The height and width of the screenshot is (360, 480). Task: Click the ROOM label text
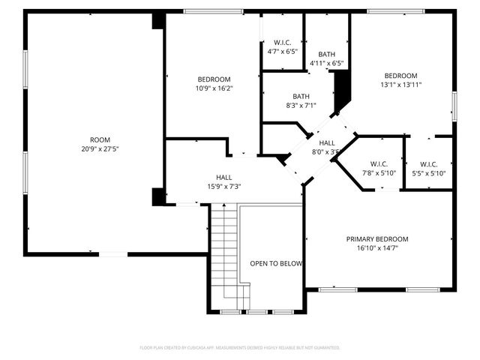pos(100,139)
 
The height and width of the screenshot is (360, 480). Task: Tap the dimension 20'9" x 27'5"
pos(100,148)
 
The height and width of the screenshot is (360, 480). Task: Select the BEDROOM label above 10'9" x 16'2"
pos(214,79)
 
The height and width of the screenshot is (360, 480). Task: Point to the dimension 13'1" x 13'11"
pos(401,85)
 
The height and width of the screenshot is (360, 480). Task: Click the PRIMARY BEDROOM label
pos(377,239)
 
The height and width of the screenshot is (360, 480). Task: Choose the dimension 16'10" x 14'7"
pos(377,248)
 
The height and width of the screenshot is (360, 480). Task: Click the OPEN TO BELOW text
pos(276,263)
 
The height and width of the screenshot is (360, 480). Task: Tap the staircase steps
pos(223,255)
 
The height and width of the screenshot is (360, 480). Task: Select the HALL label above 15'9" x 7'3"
pos(223,178)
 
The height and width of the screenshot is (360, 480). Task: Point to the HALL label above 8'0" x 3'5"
pos(327,142)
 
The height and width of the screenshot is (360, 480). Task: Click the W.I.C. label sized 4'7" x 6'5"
pos(282,42)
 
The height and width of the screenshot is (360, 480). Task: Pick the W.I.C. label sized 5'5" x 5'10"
pos(429,164)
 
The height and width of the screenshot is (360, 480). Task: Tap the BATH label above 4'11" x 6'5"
pos(326,54)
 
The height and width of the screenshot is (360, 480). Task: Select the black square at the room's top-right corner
pos(158,20)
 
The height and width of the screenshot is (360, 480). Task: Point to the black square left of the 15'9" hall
pos(158,196)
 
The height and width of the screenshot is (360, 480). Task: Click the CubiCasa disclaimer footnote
pos(240,348)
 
